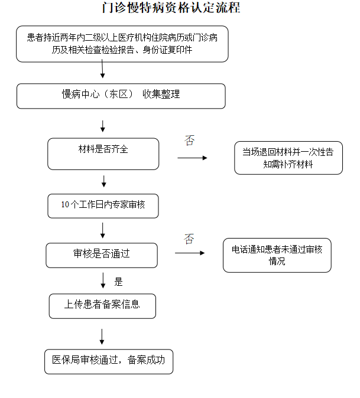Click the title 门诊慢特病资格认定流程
click(x=171, y=8)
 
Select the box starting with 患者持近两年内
click(x=122, y=44)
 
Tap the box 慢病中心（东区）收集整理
click(x=121, y=96)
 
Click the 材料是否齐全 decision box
click(x=103, y=154)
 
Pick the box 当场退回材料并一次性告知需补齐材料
click(x=288, y=158)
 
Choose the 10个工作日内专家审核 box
click(x=103, y=206)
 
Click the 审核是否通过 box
click(x=102, y=255)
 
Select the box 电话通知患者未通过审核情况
click(x=277, y=255)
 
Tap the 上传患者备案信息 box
click(x=102, y=306)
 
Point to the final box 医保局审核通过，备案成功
click(x=109, y=362)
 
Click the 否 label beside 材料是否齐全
click(x=190, y=141)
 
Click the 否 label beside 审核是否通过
click(x=189, y=239)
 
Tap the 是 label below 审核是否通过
click(x=118, y=282)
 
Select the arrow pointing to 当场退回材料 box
click(x=192, y=158)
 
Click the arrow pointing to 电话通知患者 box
click(x=190, y=253)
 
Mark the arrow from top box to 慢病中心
click(x=102, y=68)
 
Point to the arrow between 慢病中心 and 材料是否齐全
click(x=103, y=126)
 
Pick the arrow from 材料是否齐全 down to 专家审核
click(x=103, y=181)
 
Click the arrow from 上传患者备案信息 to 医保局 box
click(x=102, y=337)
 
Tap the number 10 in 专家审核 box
click(x=65, y=204)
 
